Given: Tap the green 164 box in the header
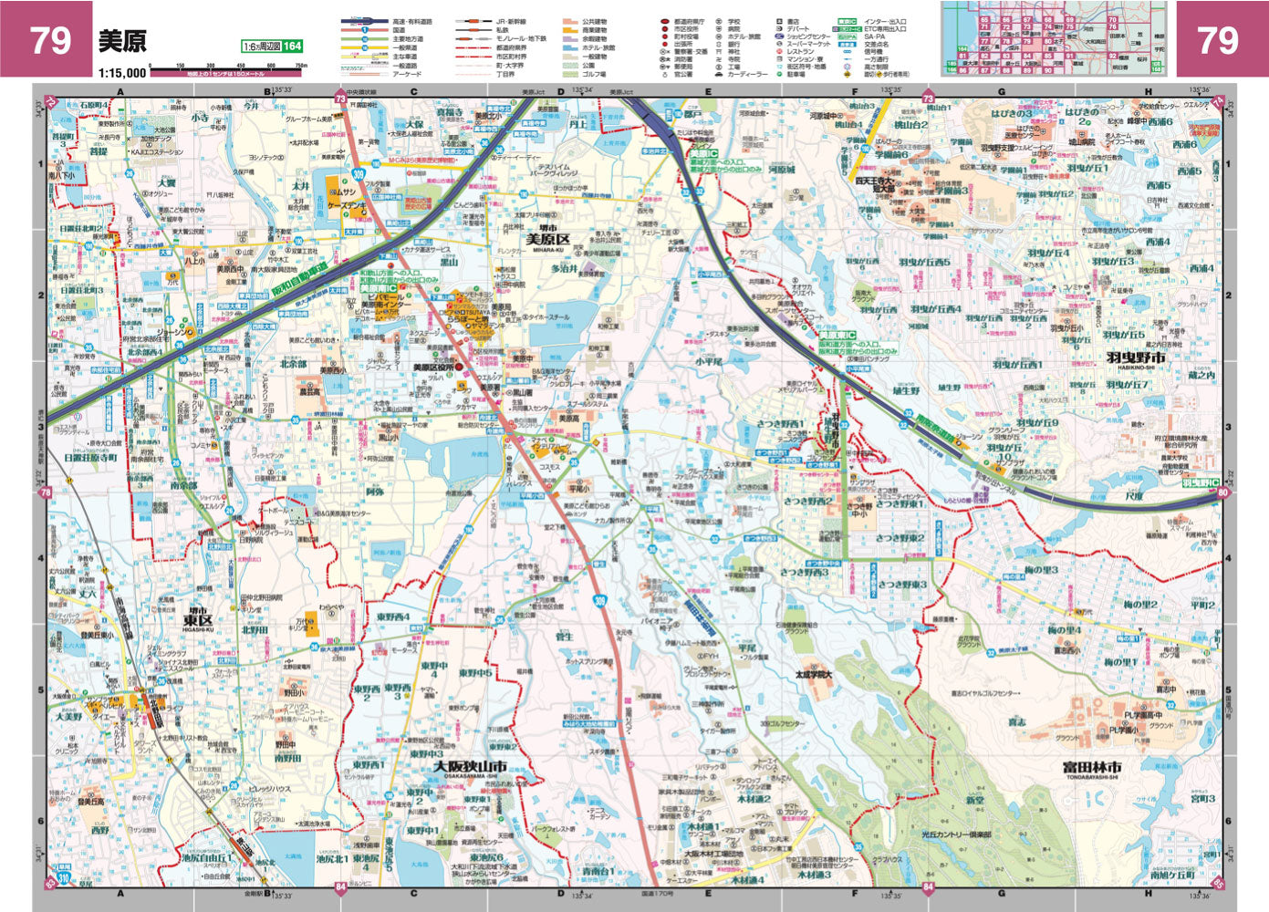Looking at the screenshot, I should (292, 47).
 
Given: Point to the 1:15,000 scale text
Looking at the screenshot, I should (122, 72).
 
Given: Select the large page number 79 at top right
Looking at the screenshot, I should (1217, 40).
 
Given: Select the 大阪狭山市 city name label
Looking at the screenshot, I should (470, 767).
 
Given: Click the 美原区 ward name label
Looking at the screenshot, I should (547, 240).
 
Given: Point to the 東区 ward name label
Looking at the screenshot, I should (197, 620).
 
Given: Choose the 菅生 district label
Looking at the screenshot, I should (564, 637).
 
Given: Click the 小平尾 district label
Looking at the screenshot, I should (709, 361).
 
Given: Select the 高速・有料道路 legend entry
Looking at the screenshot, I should (412, 21).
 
